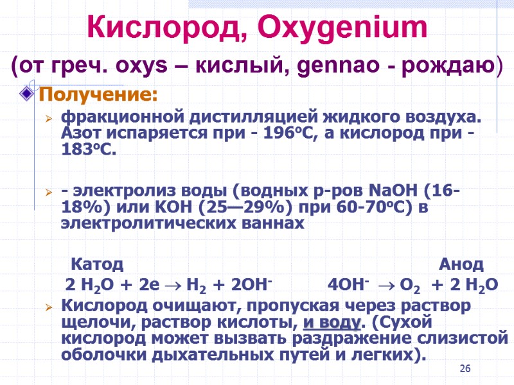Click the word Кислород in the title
pos(164,29)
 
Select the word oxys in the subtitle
pos(157,66)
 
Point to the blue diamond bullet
pos(28,96)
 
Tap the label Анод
pos(461,264)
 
